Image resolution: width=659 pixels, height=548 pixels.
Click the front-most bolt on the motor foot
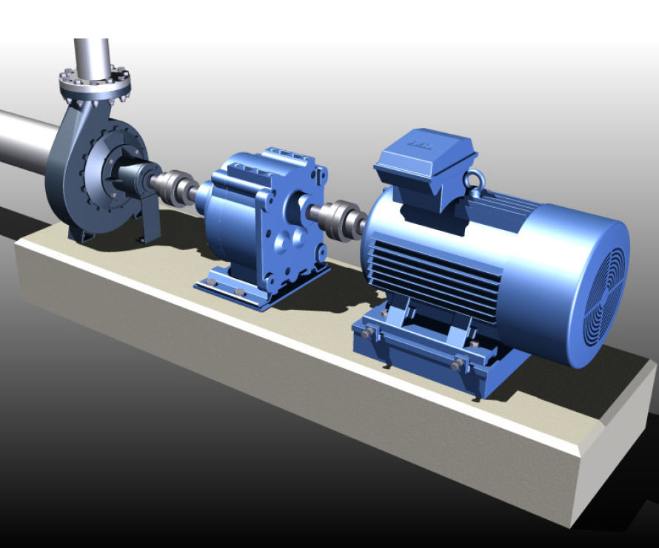pyautogui.click(x=457, y=365)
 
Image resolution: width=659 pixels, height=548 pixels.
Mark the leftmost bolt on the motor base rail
pyautogui.click(x=367, y=333)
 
